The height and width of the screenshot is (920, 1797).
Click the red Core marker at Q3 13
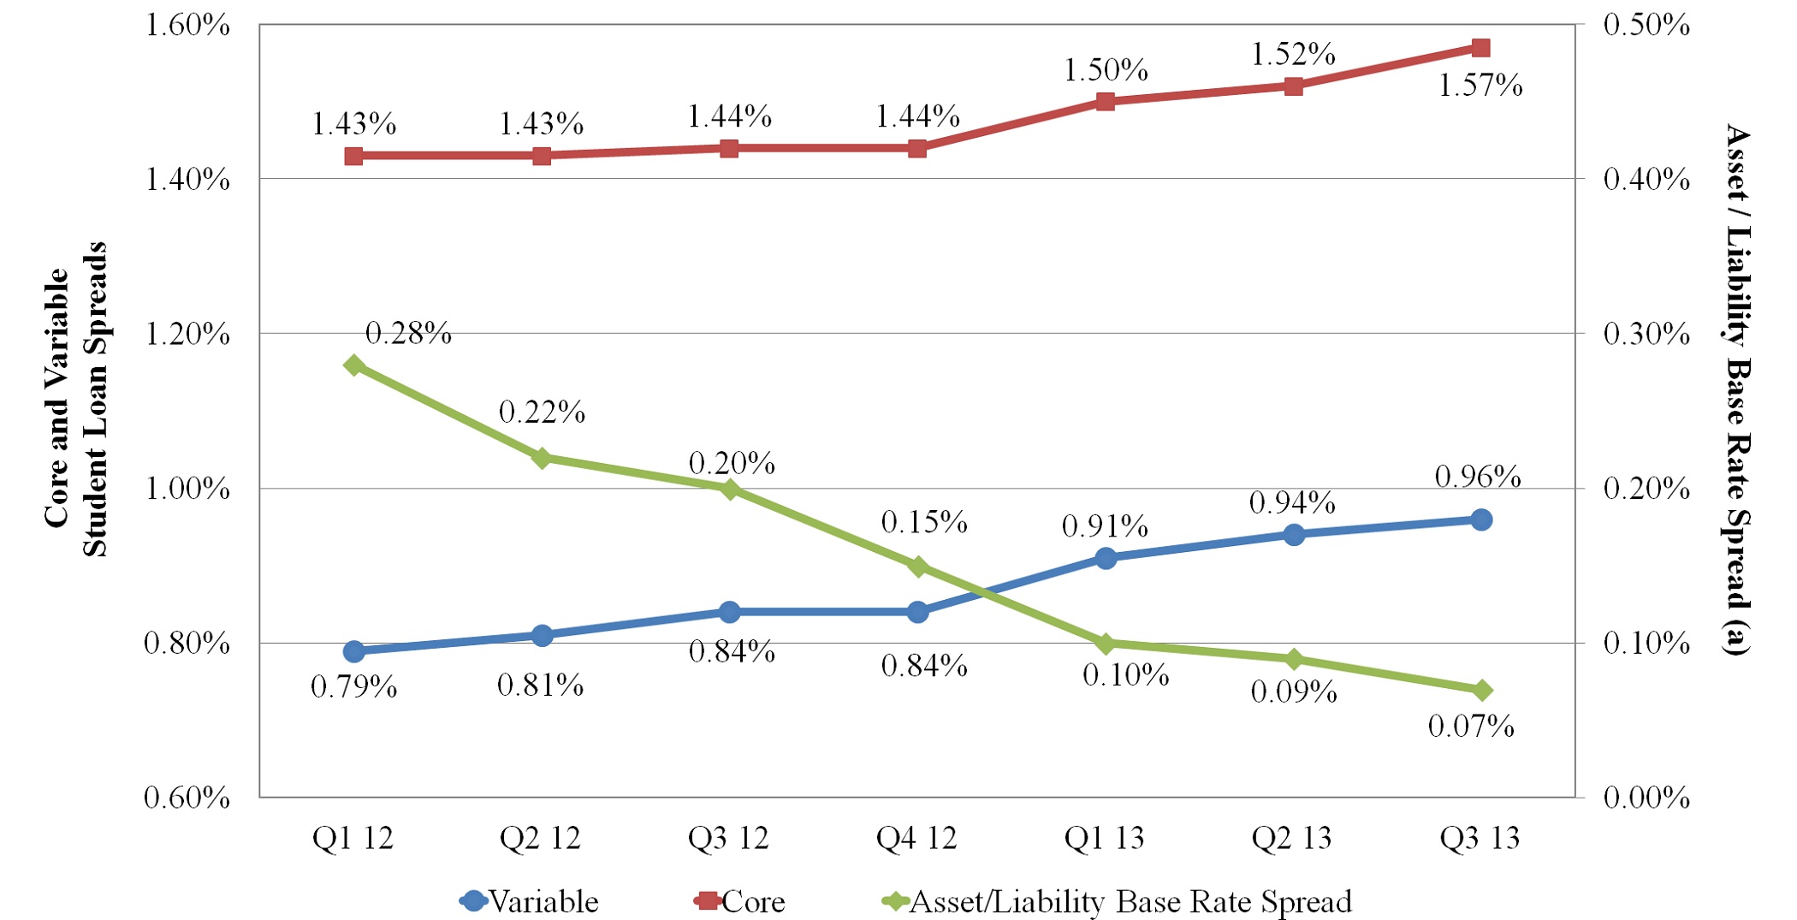coord(1481,48)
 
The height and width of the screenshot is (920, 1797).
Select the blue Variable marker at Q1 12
coord(354,652)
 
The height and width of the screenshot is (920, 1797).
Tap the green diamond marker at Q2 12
coord(542,458)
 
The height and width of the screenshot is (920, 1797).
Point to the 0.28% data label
coord(407,333)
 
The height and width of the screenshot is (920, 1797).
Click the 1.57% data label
coord(1480,86)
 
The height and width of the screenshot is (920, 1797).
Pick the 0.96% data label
coord(1478,477)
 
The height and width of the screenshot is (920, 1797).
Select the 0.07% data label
coord(1471,727)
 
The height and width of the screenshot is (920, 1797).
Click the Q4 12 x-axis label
coord(916,839)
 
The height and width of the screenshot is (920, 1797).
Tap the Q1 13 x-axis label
coord(1104,839)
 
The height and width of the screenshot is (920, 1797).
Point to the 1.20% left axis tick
coord(187,334)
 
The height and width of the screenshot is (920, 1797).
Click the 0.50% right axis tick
coord(1646,25)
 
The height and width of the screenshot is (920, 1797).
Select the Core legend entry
coord(739,901)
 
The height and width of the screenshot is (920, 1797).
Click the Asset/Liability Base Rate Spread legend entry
coord(1117,901)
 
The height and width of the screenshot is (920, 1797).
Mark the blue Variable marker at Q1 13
coord(1106,559)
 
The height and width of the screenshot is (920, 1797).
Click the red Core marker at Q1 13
coord(1106,101)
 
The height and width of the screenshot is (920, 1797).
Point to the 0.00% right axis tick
coord(1646,798)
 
